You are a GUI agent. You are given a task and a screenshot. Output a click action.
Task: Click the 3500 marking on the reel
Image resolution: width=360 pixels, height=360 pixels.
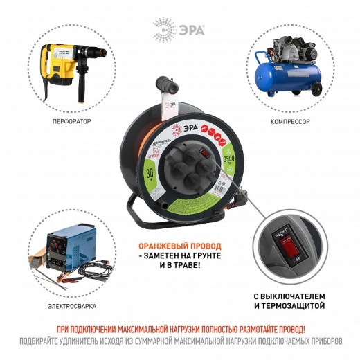(226, 163)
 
